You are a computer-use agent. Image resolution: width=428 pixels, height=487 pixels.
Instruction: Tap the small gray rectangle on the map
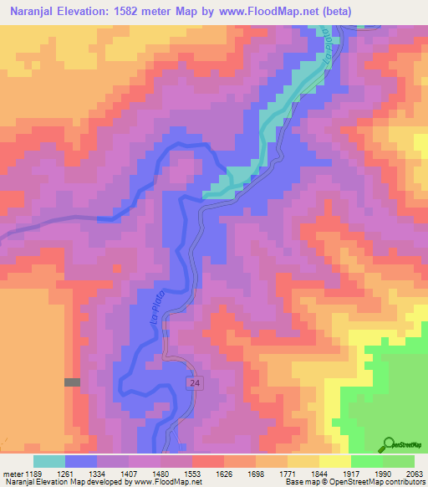(x=73, y=382)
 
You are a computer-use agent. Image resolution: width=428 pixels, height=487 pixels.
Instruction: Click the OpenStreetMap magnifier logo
(x=390, y=444)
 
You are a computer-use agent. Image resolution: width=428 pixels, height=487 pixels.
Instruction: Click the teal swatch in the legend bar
(x=49, y=461)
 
